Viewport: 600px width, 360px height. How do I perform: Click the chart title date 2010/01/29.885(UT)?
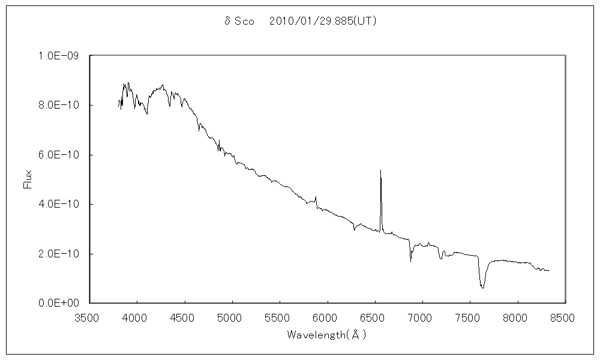[x=323, y=21]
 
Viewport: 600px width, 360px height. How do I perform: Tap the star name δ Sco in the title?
[x=238, y=21]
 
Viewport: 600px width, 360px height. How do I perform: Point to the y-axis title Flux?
[x=27, y=179]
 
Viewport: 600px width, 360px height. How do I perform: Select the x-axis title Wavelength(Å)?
[x=326, y=334]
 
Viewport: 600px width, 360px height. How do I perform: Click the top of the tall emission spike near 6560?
[x=380, y=170]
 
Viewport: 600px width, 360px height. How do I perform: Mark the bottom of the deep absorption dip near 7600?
[x=482, y=288]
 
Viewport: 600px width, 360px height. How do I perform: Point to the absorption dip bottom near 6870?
[x=410, y=261]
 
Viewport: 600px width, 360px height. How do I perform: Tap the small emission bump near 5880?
[x=316, y=197]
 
